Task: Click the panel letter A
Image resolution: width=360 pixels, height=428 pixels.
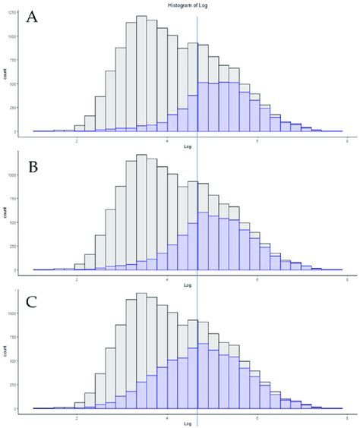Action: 31,18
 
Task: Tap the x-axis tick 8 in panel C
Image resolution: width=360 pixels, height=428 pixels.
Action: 347,417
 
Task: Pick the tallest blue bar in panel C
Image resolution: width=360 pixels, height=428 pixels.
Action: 203,376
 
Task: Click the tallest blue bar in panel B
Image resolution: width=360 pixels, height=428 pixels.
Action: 203,241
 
